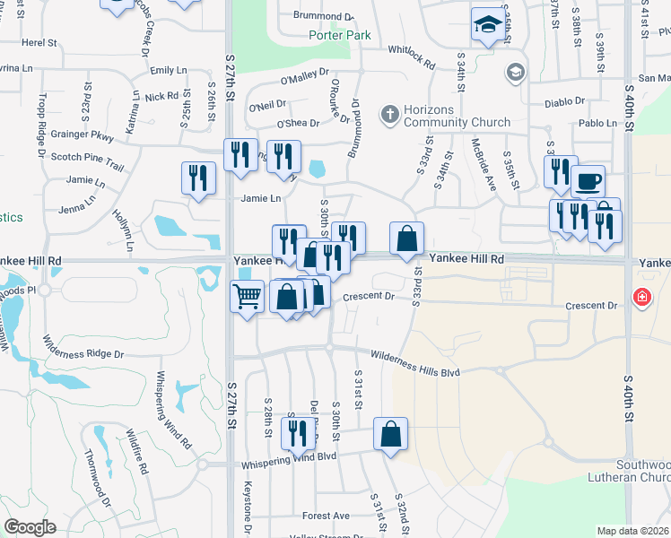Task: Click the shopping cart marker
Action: (247, 295)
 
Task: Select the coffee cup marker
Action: (588, 181)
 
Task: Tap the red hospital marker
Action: (641, 297)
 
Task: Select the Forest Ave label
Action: (326, 516)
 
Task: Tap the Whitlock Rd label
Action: (411, 57)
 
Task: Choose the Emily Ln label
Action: (169, 70)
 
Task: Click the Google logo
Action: (30, 527)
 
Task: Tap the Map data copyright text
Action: (632, 531)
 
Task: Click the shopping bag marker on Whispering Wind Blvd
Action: (390, 434)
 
